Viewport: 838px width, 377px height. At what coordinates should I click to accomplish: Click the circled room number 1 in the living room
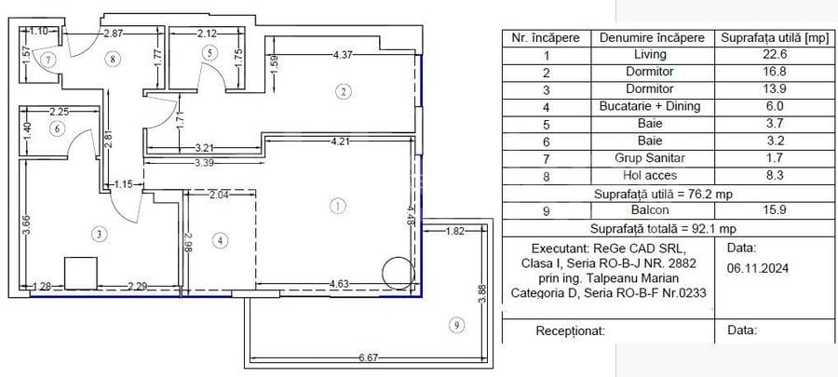[x=338, y=205]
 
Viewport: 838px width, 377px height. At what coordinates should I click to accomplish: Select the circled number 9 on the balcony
[x=454, y=325]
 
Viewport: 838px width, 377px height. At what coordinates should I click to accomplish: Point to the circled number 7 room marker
[x=47, y=59]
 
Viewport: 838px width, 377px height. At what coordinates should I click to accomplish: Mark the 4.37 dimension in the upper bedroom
[x=347, y=54]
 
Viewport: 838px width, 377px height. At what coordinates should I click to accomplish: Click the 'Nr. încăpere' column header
[x=546, y=38]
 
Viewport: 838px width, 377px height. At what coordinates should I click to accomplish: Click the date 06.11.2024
[x=759, y=266]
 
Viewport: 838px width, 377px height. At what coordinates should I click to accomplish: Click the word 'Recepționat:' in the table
[x=571, y=330]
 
